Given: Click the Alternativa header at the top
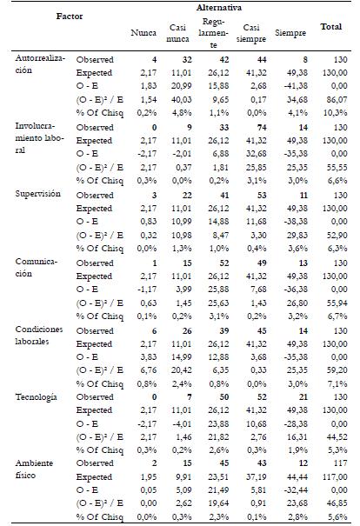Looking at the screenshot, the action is (x=219, y=7).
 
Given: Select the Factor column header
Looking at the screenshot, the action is (x=70, y=17).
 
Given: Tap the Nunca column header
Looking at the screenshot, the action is (x=143, y=32).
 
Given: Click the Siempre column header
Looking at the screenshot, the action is (x=290, y=33).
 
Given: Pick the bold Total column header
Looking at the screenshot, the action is (x=330, y=26).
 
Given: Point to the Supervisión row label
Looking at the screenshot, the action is (x=38, y=194).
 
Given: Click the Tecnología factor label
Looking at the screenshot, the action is (x=36, y=397).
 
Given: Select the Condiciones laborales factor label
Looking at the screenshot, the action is (x=39, y=335).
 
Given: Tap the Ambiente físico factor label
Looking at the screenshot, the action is (x=34, y=469).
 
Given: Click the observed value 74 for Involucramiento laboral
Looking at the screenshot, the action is (x=262, y=128).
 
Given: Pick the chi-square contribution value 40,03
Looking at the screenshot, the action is (x=182, y=99).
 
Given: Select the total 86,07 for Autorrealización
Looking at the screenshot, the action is (x=337, y=99).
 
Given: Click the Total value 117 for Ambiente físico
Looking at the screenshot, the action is (x=340, y=463).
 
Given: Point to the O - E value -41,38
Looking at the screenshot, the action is (x=296, y=86).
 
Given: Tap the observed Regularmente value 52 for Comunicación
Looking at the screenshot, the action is (x=224, y=263).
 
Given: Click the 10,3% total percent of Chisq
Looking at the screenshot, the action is (x=336, y=113).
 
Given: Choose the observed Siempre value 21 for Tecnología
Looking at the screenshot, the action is (x=303, y=397).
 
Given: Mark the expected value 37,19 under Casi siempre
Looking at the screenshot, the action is (x=257, y=476).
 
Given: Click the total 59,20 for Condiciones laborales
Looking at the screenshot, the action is (x=337, y=370).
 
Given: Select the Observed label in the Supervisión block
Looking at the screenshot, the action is (x=95, y=196).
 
